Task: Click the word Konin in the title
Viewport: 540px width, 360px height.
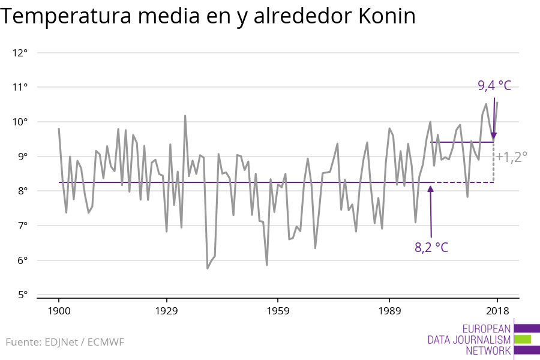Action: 386,17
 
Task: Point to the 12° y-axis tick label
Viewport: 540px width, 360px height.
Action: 20,53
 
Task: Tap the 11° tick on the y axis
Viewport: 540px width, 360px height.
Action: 20,88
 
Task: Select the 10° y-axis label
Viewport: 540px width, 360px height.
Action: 20,122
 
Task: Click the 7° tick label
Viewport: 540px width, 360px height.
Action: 21,226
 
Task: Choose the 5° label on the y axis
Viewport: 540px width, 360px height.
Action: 21,295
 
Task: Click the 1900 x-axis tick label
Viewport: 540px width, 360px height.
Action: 59,311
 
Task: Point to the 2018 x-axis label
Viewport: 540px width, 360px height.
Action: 497,311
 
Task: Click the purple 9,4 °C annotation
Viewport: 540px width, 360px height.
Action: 494,86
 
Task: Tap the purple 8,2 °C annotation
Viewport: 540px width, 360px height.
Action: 431,247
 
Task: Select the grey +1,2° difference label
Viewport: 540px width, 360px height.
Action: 512,157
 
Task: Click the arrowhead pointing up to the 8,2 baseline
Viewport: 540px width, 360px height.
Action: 430,189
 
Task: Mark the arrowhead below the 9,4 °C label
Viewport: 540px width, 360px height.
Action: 494,137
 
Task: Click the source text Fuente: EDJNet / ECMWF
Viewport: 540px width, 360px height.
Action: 65,343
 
